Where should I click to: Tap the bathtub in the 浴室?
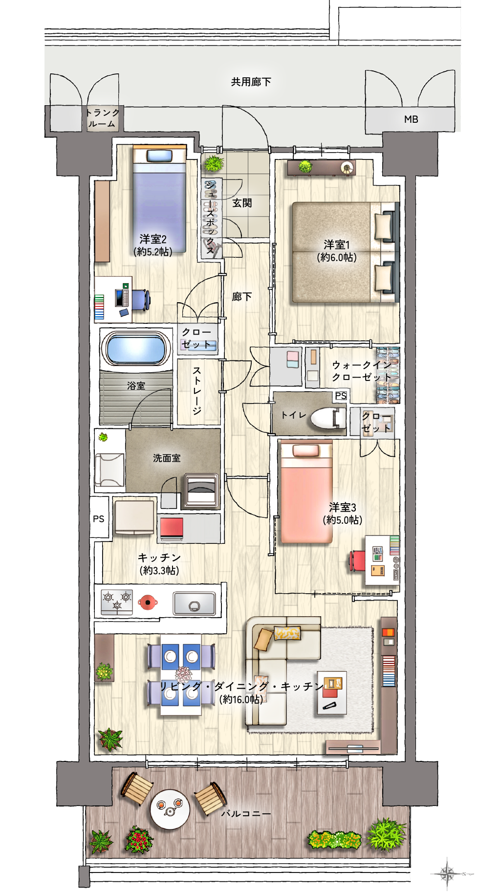tap(136, 348)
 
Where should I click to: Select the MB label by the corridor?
tap(411, 119)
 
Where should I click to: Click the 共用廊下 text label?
tap(251, 82)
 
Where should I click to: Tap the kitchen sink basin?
tap(195, 603)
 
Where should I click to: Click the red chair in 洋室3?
tap(357, 560)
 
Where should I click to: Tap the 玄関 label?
tap(242, 203)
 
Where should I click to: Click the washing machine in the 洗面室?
tap(201, 491)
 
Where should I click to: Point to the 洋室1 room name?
tap(337, 244)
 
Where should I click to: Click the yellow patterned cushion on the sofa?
tap(287, 633)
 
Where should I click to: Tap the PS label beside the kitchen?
tap(99, 519)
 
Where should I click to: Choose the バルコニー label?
tap(246, 814)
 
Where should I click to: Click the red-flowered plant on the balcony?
tap(139, 840)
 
